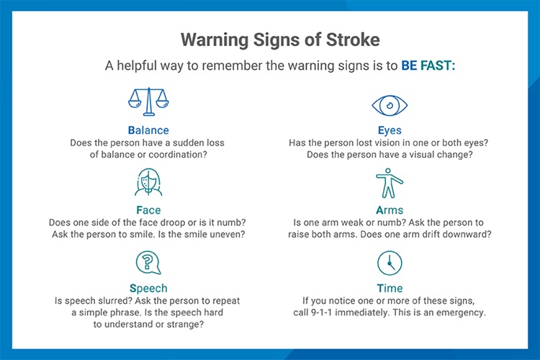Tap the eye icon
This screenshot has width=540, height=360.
coord(390,105)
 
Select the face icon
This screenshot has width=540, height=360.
coord(148,183)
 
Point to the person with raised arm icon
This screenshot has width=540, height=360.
coord(390,184)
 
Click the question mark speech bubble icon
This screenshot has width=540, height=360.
coord(148,262)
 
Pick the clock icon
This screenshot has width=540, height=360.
coord(390,263)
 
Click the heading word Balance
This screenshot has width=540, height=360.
coord(148,130)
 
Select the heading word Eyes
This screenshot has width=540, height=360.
coord(390,130)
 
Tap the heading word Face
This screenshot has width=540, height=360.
coord(148,210)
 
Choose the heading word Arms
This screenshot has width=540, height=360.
coord(390,210)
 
